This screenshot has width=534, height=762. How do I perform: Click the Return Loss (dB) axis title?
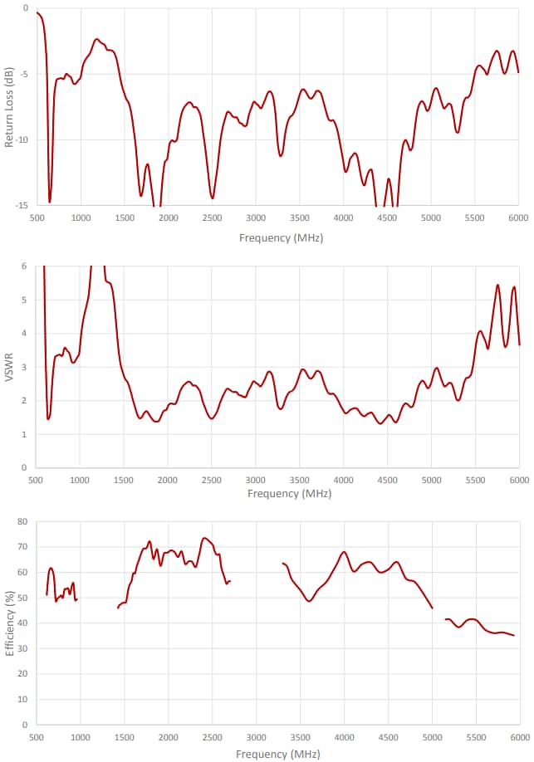pyautogui.click(x=9, y=108)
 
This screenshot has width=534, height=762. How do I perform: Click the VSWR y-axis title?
pyautogui.click(x=10, y=367)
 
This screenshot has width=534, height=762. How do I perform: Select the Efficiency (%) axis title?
pyautogui.click(x=9, y=623)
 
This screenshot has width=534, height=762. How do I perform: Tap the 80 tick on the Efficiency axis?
pyautogui.click(x=23, y=522)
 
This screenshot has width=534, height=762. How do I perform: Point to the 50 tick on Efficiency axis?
pyautogui.click(x=23, y=598)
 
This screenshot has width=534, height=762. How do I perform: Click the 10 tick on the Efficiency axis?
pyautogui.click(x=23, y=700)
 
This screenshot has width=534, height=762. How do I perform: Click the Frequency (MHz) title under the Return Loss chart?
pyautogui.click(x=281, y=237)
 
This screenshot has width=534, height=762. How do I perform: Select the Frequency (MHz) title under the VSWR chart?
pyautogui.click(x=289, y=493)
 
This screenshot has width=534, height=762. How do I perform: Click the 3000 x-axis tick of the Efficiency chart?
pyautogui.click(x=257, y=737)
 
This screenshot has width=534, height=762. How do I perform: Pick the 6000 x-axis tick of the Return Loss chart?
pyautogui.click(x=518, y=218)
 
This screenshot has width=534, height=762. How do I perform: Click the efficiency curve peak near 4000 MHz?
pyautogui.click(x=344, y=552)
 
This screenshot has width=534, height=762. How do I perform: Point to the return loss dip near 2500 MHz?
pyautogui.click(x=213, y=198)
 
